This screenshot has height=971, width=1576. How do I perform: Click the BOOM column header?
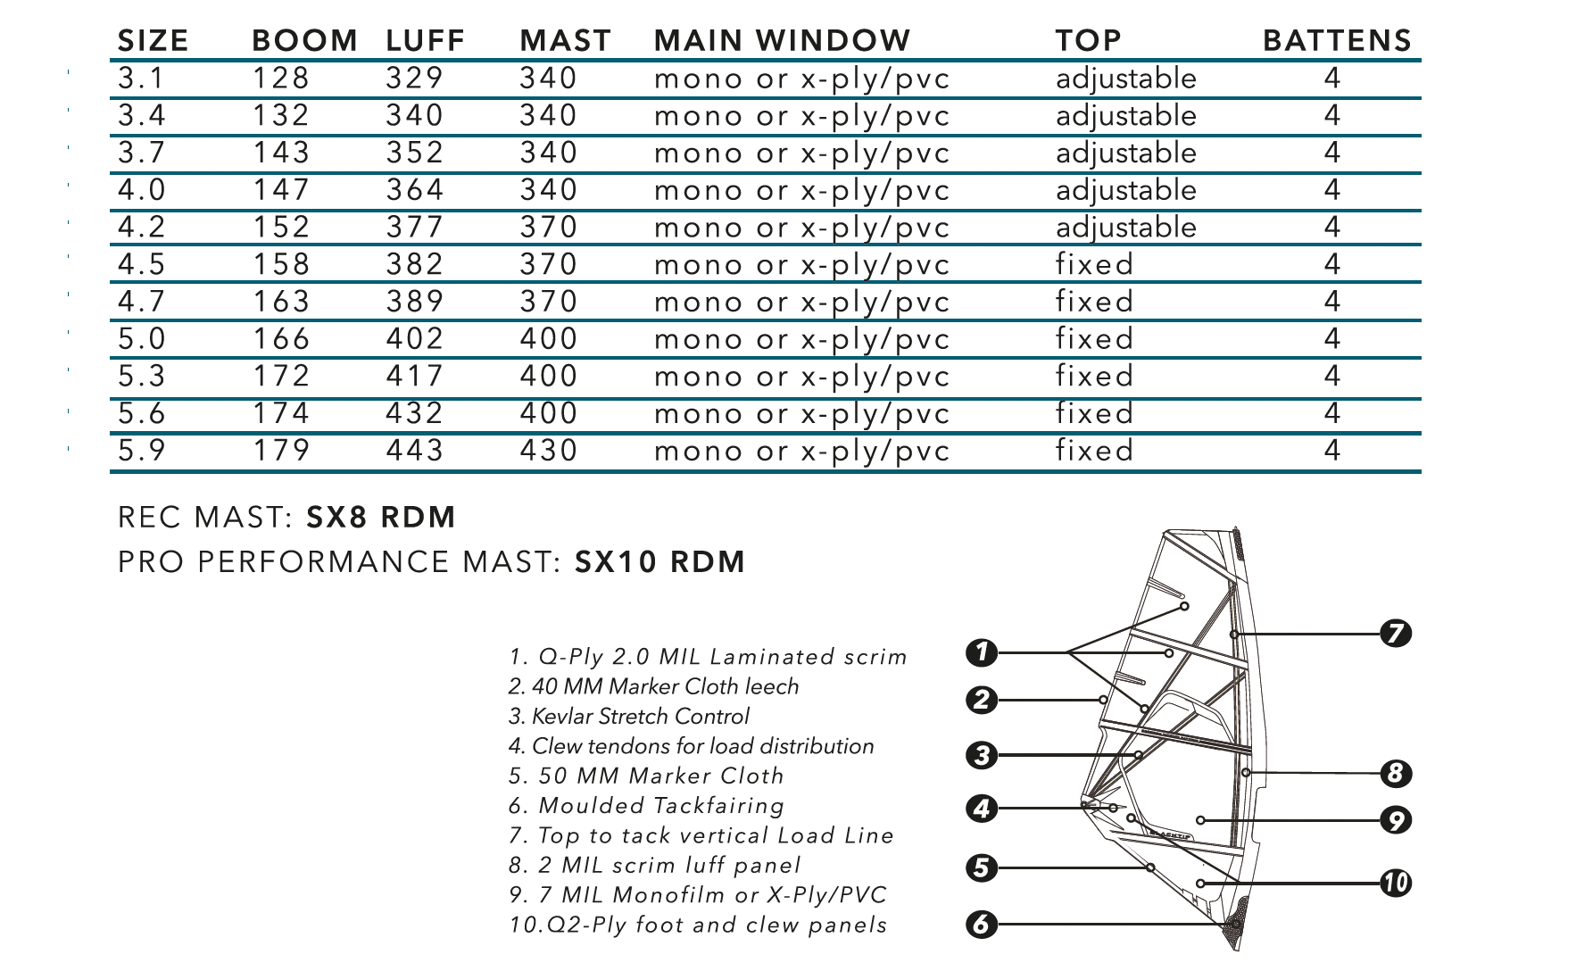click(x=304, y=40)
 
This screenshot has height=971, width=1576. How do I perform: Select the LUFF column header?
click(x=426, y=40)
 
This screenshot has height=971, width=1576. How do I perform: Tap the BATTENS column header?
click(x=1337, y=40)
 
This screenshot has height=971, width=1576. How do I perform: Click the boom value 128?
click(x=281, y=79)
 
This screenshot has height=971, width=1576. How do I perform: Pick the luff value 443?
click(x=415, y=450)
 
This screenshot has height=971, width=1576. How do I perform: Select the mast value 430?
click(x=549, y=450)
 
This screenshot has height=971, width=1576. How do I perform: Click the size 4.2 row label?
click(x=142, y=227)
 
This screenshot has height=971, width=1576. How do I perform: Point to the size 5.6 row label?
click(x=142, y=413)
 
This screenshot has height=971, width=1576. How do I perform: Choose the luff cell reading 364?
click(x=415, y=190)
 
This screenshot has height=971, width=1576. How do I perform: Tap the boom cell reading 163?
click(x=281, y=302)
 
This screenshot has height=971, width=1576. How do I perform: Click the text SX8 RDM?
click(x=381, y=518)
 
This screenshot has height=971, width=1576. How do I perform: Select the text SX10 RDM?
click(x=660, y=562)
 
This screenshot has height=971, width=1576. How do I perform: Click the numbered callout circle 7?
click(x=1396, y=634)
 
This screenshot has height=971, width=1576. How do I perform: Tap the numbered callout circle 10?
click(x=1396, y=883)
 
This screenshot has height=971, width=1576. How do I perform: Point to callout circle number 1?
click(x=982, y=652)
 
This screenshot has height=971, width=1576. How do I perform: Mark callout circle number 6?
click(x=982, y=924)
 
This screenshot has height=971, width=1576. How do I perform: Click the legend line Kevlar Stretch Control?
click(x=629, y=717)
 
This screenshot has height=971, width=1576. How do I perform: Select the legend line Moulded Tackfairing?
click(x=647, y=806)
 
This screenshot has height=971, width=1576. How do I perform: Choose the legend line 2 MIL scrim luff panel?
click(x=655, y=866)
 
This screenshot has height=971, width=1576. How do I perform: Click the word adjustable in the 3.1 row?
click(x=1126, y=79)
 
